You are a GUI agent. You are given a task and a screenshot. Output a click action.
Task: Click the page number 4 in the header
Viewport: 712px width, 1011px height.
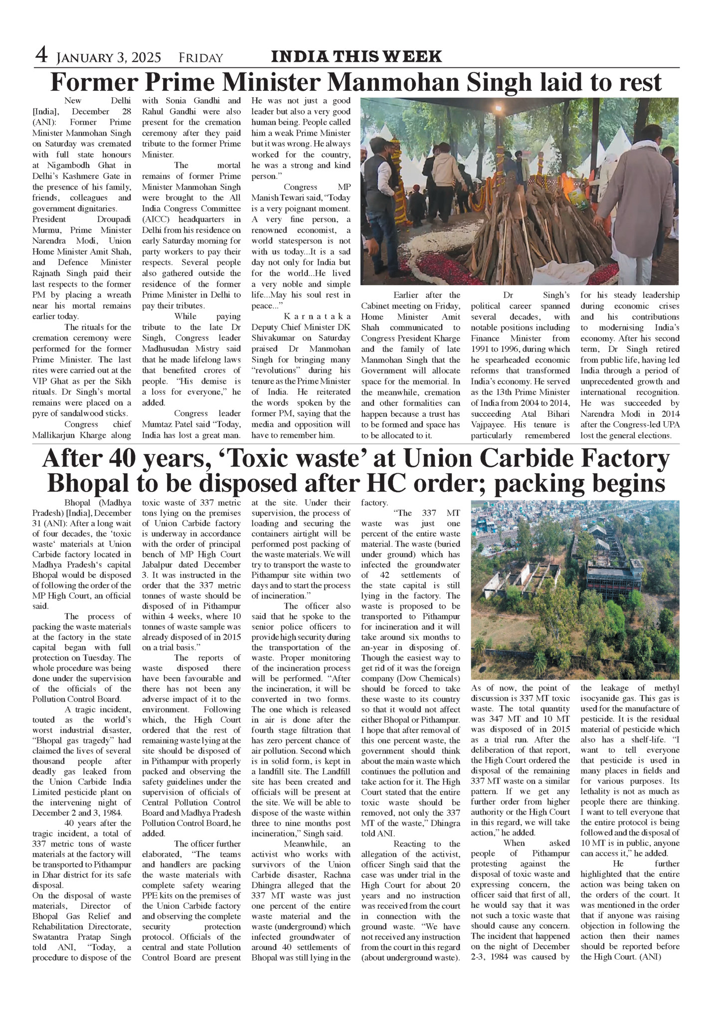tap(41, 55)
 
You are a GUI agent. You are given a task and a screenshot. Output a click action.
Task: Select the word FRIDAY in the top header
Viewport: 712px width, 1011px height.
tap(200, 58)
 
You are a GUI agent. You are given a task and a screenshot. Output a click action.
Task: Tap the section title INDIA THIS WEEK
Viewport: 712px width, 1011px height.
tap(356, 56)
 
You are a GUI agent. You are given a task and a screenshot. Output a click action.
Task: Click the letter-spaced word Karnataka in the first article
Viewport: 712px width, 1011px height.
tap(317, 317)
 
